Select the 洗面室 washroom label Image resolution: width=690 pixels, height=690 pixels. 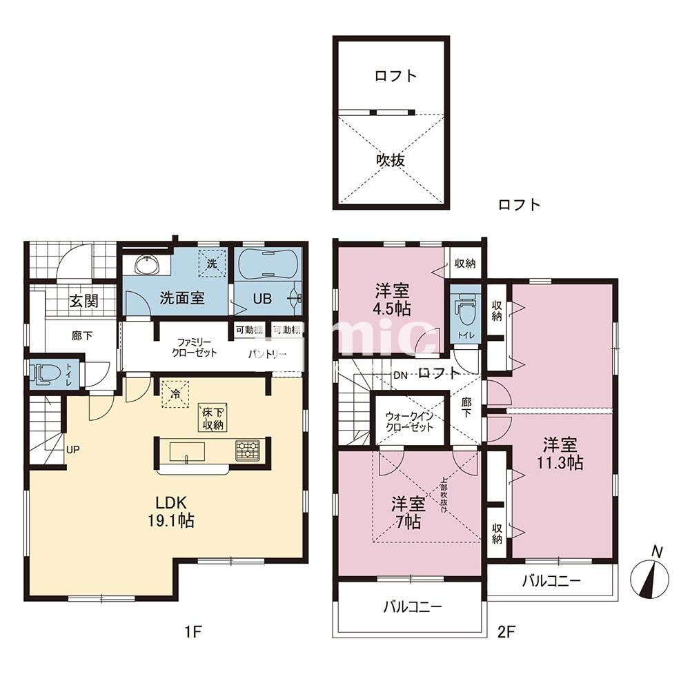(x=181, y=298)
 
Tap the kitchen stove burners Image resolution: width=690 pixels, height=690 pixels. (x=247, y=450)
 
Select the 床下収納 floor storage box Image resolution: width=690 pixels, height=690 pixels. (x=213, y=418)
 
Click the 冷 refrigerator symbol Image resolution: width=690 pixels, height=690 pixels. (x=175, y=394)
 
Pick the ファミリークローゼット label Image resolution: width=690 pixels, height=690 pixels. (x=195, y=347)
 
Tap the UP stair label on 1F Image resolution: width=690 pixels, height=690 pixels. (x=73, y=450)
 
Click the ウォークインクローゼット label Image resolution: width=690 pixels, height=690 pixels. (x=410, y=422)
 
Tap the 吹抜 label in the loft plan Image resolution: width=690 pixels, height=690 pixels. (x=390, y=159)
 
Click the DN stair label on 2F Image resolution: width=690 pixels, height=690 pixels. (x=401, y=375)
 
